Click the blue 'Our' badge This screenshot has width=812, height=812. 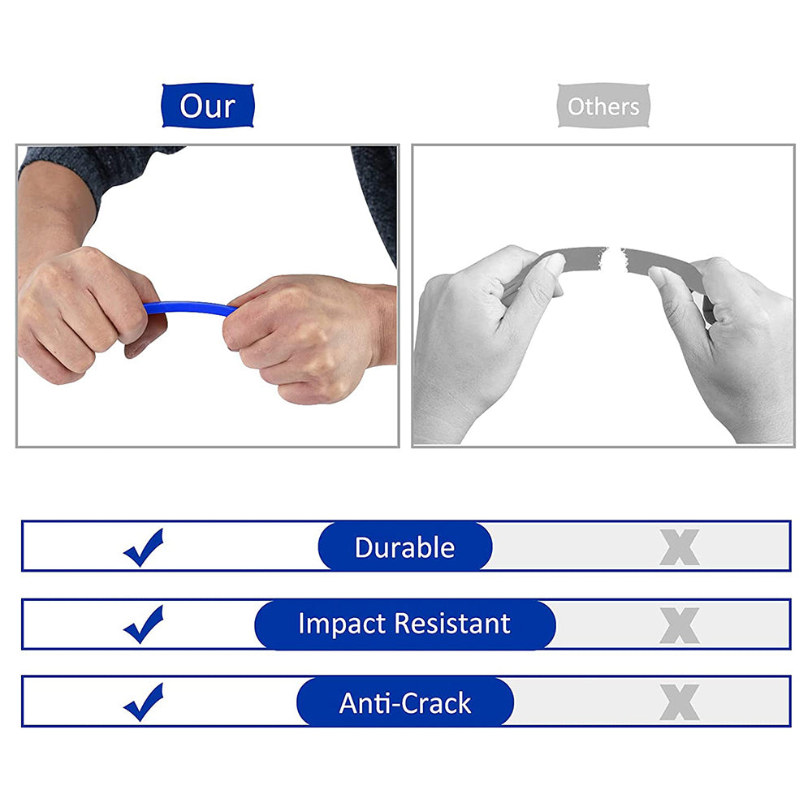208,106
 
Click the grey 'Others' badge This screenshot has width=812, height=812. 603,106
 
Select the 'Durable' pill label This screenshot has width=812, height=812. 404,546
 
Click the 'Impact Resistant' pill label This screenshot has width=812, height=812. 404,624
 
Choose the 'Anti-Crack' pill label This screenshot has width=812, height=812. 404,702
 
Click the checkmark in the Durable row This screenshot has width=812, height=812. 144,548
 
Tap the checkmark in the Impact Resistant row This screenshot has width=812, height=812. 144,625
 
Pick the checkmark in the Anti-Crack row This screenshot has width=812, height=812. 144,702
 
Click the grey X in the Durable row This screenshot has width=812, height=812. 679,548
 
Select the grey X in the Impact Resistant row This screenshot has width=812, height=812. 679,625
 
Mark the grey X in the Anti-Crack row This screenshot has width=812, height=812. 679,702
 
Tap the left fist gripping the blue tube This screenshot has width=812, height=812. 85,313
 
